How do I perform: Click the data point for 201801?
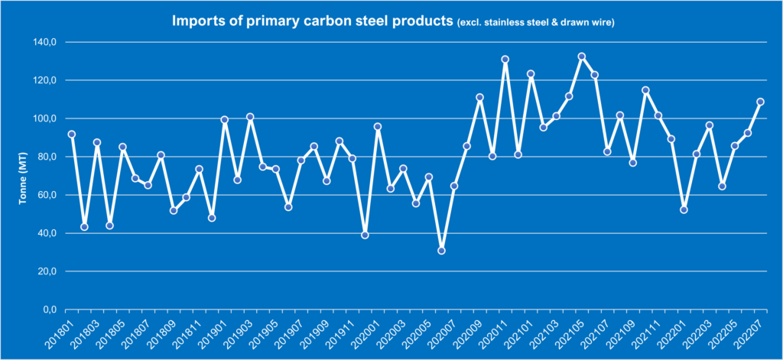pyautogui.click(x=71, y=135)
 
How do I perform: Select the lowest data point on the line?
pyautogui.click(x=441, y=251)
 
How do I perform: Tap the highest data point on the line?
pyautogui.click(x=582, y=57)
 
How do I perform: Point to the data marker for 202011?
pyautogui.click(x=505, y=60)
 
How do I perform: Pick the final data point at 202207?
pyautogui.click(x=760, y=102)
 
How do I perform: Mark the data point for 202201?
pyautogui.click(x=684, y=209)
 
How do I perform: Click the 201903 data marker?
pyautogui.click(x=250, y=117)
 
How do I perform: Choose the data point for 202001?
pyautogui.click(x=378, y=127)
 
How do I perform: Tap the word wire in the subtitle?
pyautogui.click(x=604, y=23)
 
